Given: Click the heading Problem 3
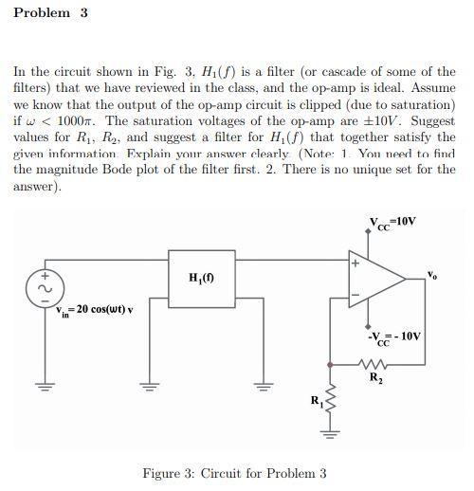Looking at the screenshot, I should pyautogui.click(x=52, y=13).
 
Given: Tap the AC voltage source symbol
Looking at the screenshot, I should pyautogui.click(x=41, y=285).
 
